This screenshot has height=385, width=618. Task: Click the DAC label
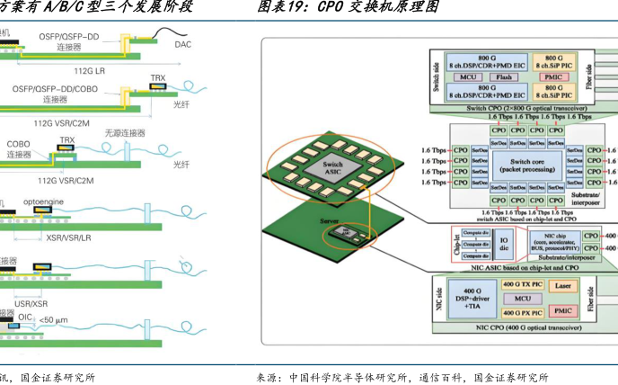tap(182, 44)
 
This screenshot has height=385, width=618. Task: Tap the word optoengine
tap(45, 202)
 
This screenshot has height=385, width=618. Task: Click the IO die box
tap(504, 241)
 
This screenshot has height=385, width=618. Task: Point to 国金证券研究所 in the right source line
tap(511, 377)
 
